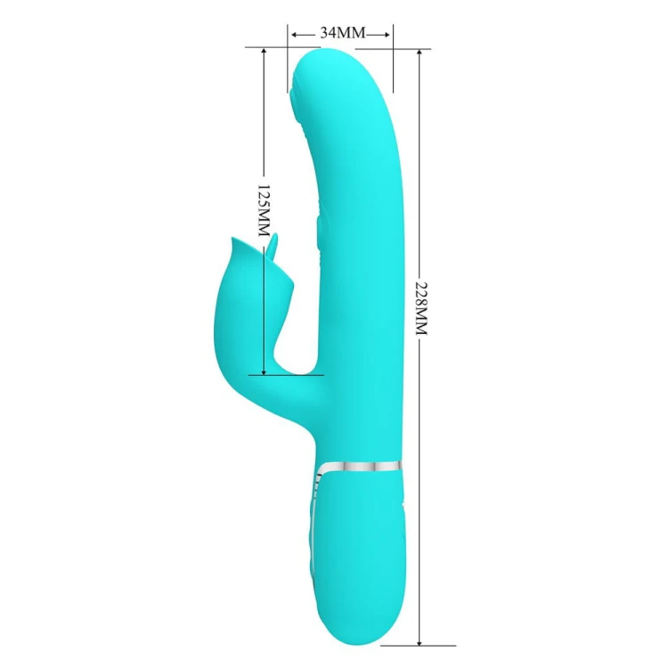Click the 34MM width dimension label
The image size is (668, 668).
pos(343,32)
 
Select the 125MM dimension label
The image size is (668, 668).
pos(265,211)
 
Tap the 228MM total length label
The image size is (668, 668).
pos(421,307)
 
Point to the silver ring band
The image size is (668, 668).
pos(361,467)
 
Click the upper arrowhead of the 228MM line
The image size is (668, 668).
pos(420,53)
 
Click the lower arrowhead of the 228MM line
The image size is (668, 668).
pos(420,641)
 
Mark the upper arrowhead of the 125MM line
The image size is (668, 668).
pos(265,52)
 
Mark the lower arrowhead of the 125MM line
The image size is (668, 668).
pos(265,371)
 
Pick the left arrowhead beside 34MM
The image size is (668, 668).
pos(295,35)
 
